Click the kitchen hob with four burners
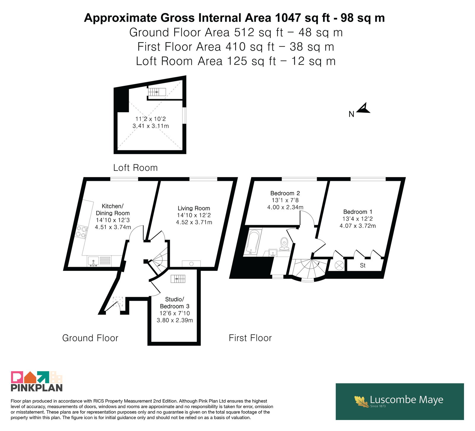pyautogui.click(x=81, y=232)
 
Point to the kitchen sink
pyautogui.click(x=94, y=261)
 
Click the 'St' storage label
pyautogui.click(x=363, y=266)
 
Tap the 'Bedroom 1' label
pyautogui.click(x=358, y=212)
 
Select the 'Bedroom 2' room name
pyautogui.click(x=285, y=193)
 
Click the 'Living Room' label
pyautogui.click(x=194, y=208)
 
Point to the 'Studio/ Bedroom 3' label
pyautogui.click(x=175, y=303)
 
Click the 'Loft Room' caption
pyautogui.click(x=135, y=168)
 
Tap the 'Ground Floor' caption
pyautogui.click(x=90, y=338)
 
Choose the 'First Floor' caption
pyautogui.click(x=250, y=338)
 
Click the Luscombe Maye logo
pyautogui.click(x=400, y=401)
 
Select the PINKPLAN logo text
pyautogui.click(x=37, y=388)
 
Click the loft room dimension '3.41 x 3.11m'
pyautogui.click(x=151, y=126)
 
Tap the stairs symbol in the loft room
pyautogui.click(x=157, y=92)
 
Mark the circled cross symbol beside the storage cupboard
pyautogui.click(x=339, y=265)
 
